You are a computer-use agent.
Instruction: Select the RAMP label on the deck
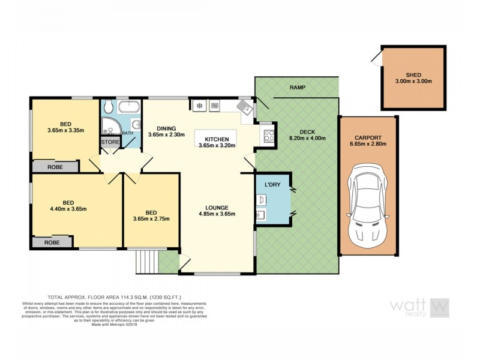[298, 88]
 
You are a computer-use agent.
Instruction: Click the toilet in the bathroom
[109, 107]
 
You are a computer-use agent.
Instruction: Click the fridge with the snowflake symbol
[199, 106]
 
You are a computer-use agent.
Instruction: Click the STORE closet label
[110, 142]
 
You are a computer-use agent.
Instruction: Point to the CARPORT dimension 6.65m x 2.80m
[367, 143]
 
